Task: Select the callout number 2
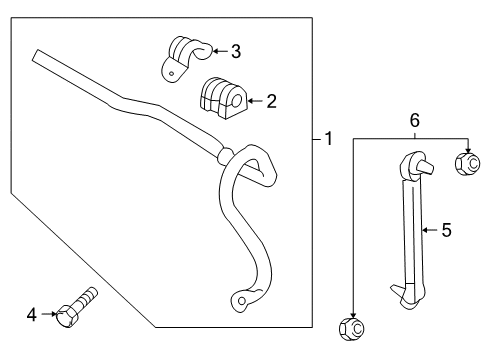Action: point(271,100)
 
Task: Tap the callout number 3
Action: point(235,50)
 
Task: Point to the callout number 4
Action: point(32,315)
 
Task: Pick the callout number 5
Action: point(446,229)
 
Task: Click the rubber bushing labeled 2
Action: point(219,97)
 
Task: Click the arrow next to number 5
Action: point(428,229)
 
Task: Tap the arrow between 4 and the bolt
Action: point(48,315)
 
